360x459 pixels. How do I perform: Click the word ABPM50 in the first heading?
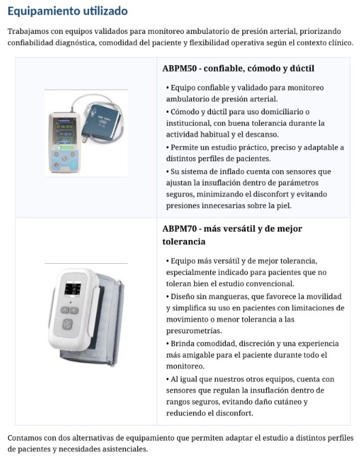point(180,69)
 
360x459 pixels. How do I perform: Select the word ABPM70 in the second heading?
point(180,228)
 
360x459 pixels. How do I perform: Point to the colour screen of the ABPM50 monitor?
point(65,131)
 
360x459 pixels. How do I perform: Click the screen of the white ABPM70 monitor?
point(72,288)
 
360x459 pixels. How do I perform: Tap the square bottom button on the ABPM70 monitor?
point(67,324)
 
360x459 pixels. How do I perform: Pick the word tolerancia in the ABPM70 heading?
point(184,242)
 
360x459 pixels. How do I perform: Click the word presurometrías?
point(194,331)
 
